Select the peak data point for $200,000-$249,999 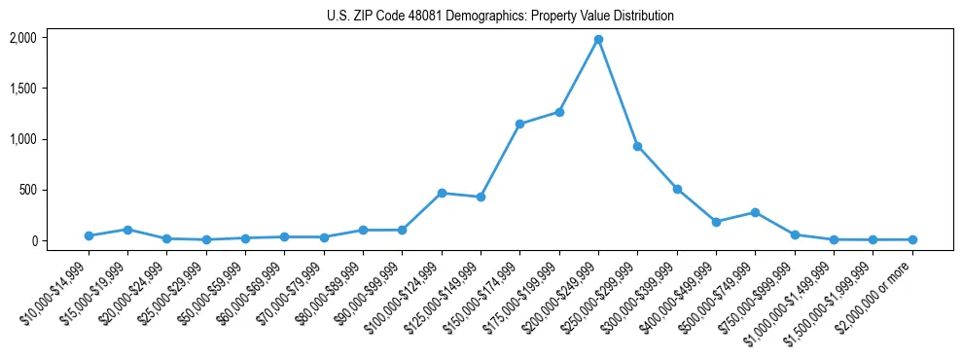[598, 39]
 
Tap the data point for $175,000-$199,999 [559, 112]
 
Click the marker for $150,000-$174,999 [520, 124]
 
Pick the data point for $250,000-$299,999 [637, 146]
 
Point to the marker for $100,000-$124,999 [442, 193]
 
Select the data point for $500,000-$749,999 [755, 212]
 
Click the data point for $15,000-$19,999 [127, 230]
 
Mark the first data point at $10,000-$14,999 [89, 235]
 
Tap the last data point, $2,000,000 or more [911, 239]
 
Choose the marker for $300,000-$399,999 [677, 189]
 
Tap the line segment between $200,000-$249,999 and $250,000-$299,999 [618, 92]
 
